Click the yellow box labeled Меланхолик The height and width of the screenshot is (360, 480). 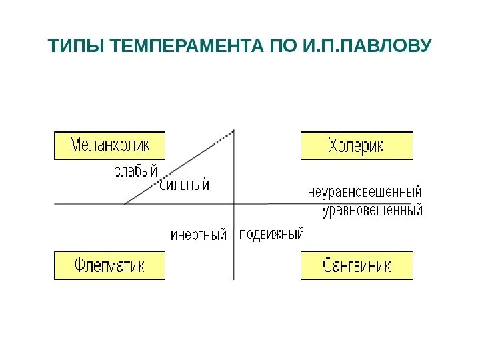click(x=109, y=145)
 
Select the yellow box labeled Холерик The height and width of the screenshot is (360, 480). click(x=357, y=145)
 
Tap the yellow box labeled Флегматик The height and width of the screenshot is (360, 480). click(x=109, y=265)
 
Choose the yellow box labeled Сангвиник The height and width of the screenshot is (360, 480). click(x=357, y=265)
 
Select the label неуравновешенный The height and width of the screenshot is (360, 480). click(x=365, y=192)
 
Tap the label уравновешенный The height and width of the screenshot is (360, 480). click(x=373, y=211)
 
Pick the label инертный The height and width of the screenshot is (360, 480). click(x=199, y=235)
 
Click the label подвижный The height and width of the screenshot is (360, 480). click(x=271, y=234)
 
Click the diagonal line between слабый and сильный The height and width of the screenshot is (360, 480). click(x=180, y=167)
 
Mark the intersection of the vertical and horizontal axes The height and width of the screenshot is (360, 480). click(x=235, y=203)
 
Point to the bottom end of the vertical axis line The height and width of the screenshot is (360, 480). click(x=235, y=279)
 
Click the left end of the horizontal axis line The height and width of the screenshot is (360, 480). click(x=55, y=203)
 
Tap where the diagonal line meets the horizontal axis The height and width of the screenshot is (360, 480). click(x=125, y=203)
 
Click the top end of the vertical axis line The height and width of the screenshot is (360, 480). click(x=235, y=129)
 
